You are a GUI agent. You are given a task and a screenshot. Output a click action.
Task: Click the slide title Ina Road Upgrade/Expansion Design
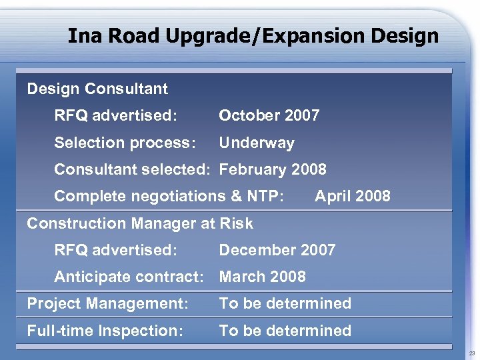[253, 35]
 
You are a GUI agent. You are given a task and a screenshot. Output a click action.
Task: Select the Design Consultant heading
[97, 89]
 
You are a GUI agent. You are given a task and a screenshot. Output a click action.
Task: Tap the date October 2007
[269, 115]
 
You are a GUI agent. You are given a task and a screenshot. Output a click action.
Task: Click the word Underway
[257, 143]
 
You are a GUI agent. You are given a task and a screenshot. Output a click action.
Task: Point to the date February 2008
[273, 169]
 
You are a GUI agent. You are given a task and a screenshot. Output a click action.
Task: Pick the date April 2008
[353, 196]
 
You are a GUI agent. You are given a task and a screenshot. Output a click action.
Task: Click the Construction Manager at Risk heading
[140, 223]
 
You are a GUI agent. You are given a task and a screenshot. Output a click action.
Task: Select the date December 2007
[277, 250]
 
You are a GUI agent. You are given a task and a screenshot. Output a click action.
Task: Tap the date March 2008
[263, 277]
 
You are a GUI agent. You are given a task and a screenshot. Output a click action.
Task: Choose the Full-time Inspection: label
[105, 331]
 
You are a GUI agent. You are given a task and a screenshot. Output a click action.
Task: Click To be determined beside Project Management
[285, 303]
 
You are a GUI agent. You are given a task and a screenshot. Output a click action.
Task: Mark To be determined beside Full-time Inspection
[285, 331]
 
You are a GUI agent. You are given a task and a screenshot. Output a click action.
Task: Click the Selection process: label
[125, 143]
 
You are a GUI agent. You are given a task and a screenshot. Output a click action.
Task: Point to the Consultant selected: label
[132, 169]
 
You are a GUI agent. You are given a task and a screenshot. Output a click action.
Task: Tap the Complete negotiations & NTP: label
[169, 196]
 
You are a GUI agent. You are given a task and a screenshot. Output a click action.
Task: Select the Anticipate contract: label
[129, 277]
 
